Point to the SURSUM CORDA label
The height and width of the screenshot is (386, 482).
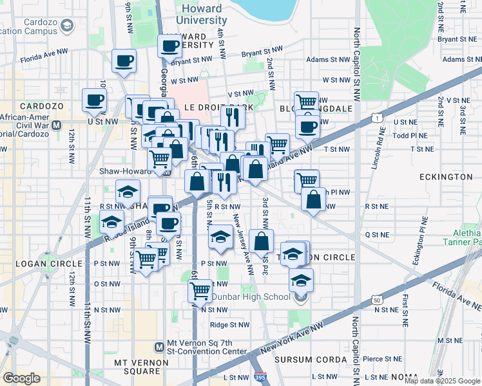point(306,359)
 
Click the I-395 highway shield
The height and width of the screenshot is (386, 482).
point(260,377)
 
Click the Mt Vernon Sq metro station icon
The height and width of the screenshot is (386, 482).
point(160,347)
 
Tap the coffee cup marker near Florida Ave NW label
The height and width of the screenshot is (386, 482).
point(124,61)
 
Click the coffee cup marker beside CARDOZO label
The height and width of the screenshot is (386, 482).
point(95,100)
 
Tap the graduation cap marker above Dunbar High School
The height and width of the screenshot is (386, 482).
point(301,280)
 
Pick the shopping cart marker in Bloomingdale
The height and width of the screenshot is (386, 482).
point(307,101)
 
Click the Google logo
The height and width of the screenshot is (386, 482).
point(21,378)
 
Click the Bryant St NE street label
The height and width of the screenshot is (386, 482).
point(457,39)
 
